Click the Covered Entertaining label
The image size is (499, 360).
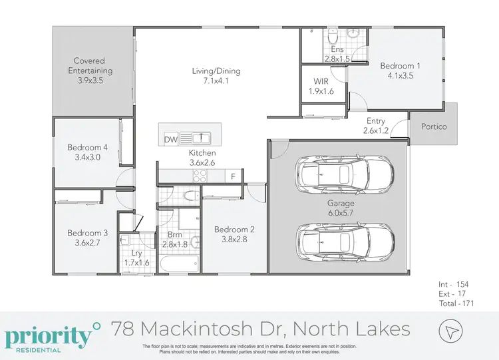point(93,71)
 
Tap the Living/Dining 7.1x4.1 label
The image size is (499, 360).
point(217,77)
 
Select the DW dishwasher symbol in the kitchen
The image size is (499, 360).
point(170,139)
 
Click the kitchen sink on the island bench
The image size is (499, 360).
point(200,139)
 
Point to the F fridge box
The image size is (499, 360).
point(233,176)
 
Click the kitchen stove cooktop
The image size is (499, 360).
point(200,176)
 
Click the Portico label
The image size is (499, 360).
point(434,126)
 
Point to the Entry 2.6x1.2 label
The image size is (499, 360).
point(376,126)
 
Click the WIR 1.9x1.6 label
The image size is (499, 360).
point(322,87)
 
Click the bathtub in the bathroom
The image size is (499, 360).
point(178,266)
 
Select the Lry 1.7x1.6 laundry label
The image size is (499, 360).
point(137,259)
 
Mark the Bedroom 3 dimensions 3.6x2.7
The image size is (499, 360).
point(87,244)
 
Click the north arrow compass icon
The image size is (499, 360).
point(450,331)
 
